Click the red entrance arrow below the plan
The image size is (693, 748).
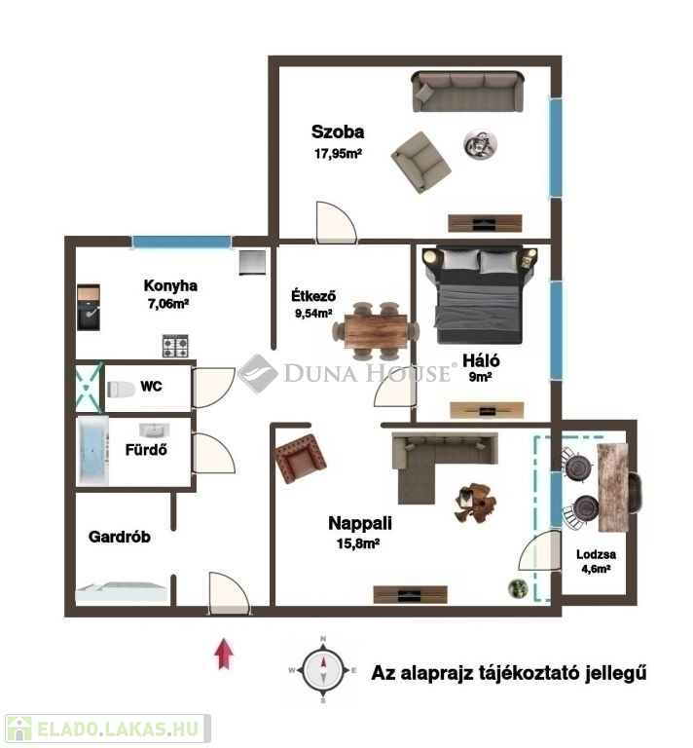(224, 654)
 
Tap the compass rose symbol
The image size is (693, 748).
(323, 670)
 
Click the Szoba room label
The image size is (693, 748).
(338, 131)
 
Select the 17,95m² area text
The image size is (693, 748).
(338, 154)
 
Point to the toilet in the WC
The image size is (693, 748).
(121, 389)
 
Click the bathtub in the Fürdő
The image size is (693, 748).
(92, 451)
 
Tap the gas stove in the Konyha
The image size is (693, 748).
(175, 346)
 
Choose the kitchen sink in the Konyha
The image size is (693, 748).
(89, 308)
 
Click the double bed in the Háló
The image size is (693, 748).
(480, 294)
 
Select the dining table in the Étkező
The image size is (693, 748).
(376, 330)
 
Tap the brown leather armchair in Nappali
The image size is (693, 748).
(301, 459)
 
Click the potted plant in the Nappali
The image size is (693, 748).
(517, 587)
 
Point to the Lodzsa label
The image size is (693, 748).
(596, 554)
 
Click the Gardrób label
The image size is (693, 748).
(120, 537)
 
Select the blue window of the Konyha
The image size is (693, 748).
(181, 242)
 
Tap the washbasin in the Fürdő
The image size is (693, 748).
(155, 430)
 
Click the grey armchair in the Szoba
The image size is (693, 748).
(420, 163)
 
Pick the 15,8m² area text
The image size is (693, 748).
(358, 543)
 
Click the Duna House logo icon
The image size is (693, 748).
(257, 373)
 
